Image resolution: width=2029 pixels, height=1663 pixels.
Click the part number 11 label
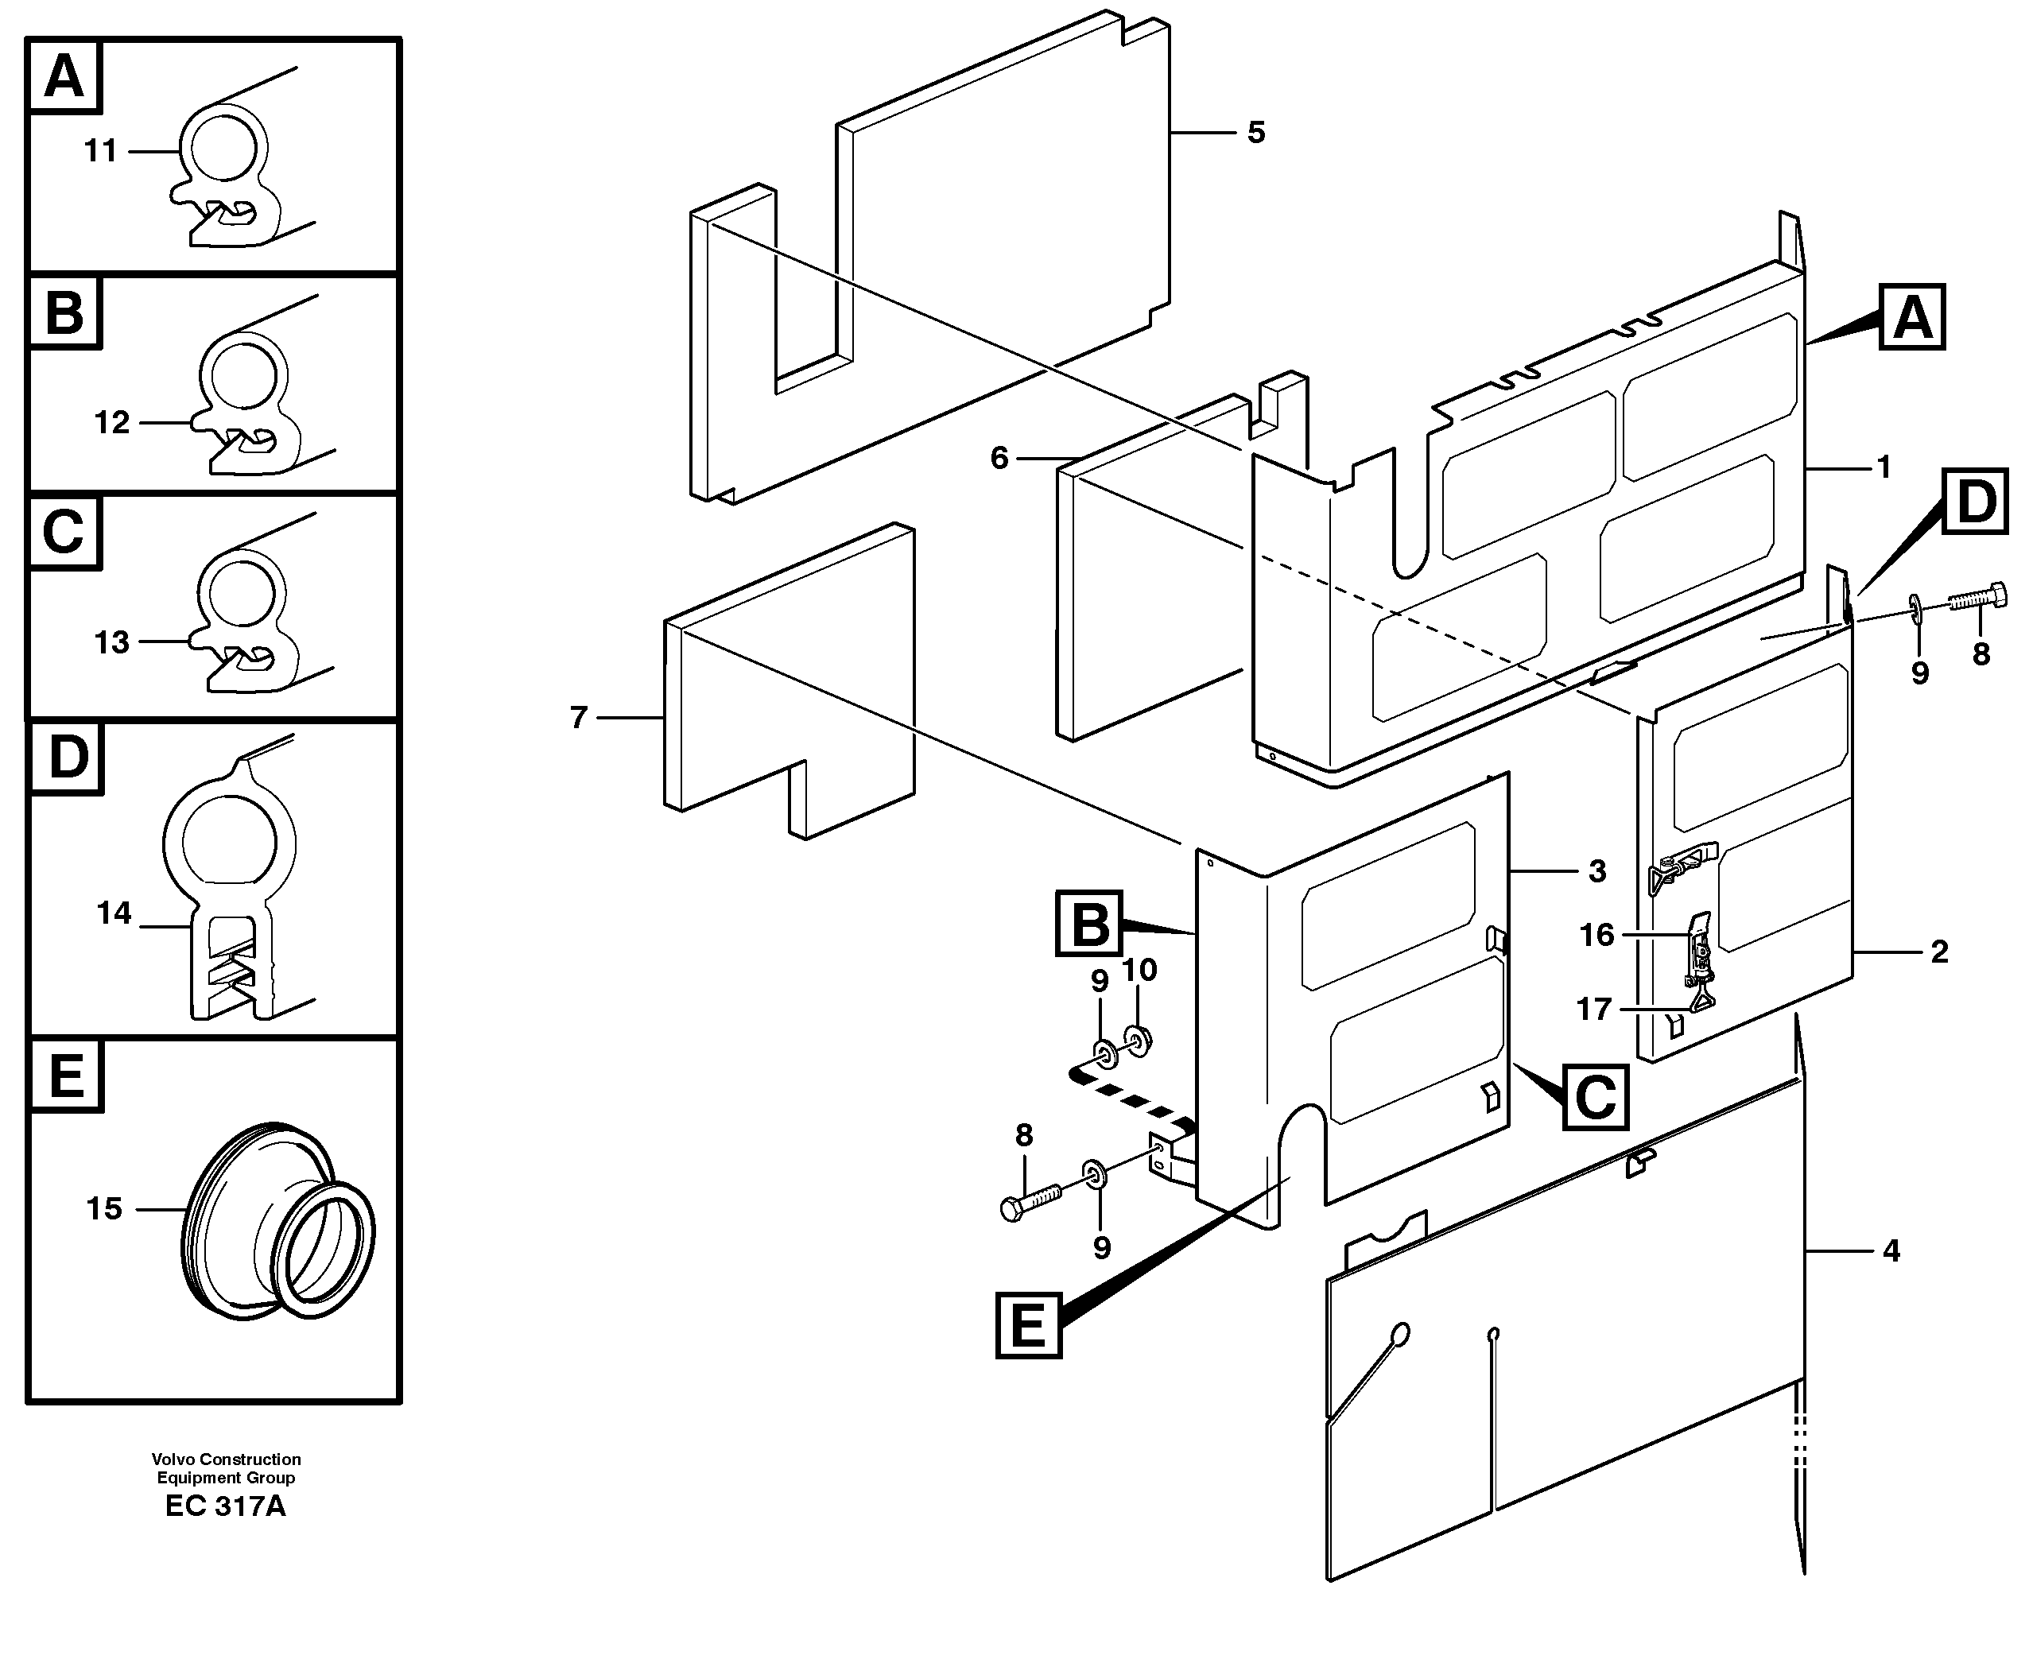point(101,151)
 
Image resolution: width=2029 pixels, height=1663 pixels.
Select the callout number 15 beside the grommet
point(104,1209)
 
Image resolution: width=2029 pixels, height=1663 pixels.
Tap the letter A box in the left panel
point(65,76)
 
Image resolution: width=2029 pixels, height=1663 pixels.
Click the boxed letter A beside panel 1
point(1912,317)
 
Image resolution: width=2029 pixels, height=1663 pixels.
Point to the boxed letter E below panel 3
point(1029,1327)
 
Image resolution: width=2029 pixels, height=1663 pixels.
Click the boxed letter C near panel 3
point(1595,1098)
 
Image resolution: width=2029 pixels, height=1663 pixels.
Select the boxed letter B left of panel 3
point(1089,925)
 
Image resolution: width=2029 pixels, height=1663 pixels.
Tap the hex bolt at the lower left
point(1030,1201)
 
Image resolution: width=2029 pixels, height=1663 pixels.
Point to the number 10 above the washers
point(1139,971)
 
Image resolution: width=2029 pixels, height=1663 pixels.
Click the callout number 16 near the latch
point(1596,935)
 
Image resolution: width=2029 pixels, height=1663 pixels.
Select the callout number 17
point(1594,1009)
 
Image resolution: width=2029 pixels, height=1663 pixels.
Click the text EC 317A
point(225,1506)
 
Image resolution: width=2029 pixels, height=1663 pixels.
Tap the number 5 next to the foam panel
point(1256,132)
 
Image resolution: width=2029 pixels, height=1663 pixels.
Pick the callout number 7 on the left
point(578,718)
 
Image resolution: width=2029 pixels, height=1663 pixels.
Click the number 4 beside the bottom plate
point(1890,1251)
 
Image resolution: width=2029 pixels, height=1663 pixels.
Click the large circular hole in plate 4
point(1399,1333)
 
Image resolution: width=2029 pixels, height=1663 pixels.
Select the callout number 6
point(999,459)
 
